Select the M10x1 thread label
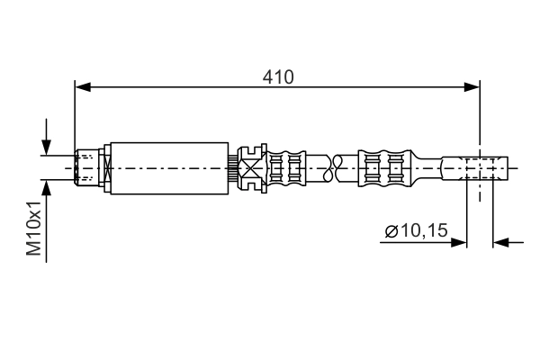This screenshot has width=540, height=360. pos(34,229)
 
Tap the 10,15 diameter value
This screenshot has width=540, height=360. pos(423,232)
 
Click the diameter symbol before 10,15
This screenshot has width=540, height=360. pos(391,232)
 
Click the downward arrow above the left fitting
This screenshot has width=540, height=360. pos(47,148)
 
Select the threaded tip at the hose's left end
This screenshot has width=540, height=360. pos(86,167)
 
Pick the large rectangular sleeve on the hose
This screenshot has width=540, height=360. pos(168,167)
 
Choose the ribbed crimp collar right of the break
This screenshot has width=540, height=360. pos(383,167)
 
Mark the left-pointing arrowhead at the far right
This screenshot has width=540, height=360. pos(500,241)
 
